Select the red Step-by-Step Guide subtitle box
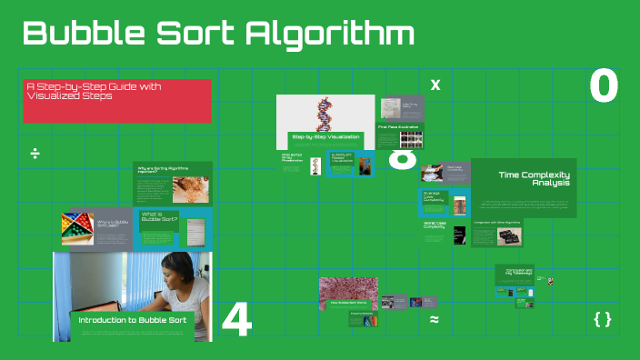tap(116, 101)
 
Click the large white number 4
tap(236, 320)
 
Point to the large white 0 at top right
tap(604, 86)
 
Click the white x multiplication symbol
tap(435, 85)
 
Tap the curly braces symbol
tap(602, 319)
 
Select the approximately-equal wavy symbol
tap(435, 320)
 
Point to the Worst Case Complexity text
tap(435, 225)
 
